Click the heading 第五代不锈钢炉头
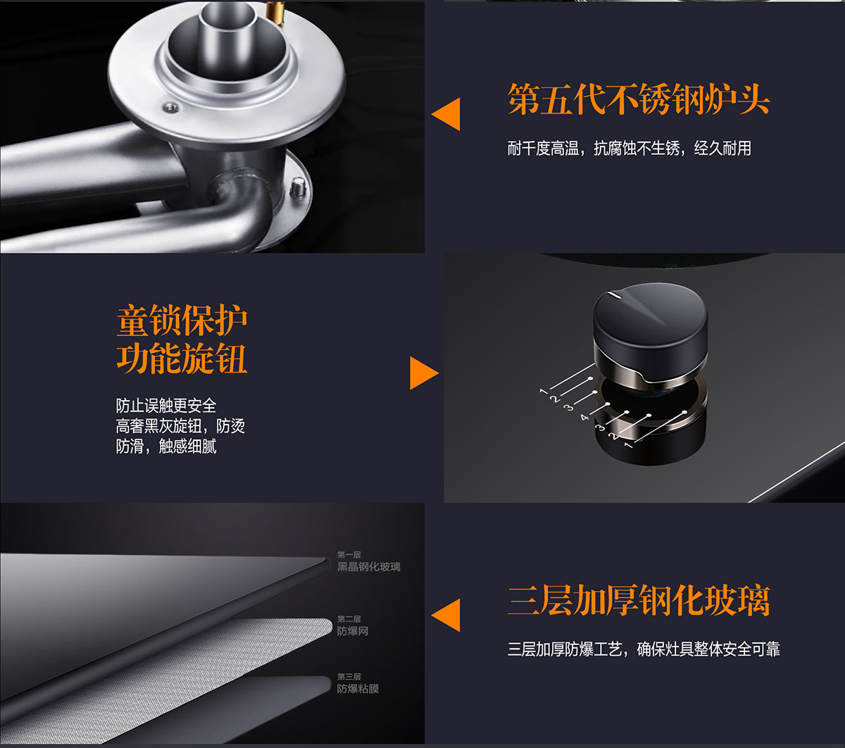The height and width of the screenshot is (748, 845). point(638,99)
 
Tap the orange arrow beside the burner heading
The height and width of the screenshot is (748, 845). point(446,114)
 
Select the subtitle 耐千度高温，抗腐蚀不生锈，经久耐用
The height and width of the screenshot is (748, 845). point(629,149)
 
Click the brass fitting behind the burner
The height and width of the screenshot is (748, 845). point(275,13)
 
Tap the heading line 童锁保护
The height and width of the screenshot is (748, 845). point(182,320)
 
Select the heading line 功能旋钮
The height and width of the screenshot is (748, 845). point(182,359)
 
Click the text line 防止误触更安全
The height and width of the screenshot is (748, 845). point(166,406)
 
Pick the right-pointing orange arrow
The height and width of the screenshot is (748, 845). point(424,373)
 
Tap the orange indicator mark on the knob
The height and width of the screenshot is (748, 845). point(615,295)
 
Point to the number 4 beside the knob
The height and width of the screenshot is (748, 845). point(584,417)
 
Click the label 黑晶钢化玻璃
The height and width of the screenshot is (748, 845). point(369,566)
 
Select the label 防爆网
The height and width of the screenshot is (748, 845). point(352,631)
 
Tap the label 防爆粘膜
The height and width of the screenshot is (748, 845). point(358,688)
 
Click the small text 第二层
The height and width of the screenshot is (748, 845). point(349,618)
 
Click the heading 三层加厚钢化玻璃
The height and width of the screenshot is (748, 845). point(638,600)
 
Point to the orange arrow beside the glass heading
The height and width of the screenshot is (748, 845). point(446,615)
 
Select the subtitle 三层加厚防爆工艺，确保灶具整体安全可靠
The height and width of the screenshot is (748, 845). point(644,649)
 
